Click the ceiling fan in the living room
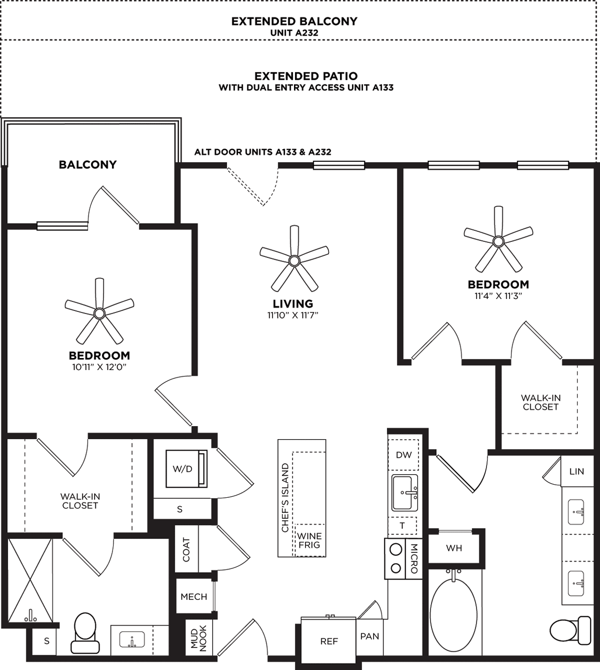click(x=294, y=260)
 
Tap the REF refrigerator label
click(x=329, y=641)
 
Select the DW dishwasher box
click(x=404, y=455)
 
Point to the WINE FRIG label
click(x=310, y=541)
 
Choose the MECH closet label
click(x=194, y=597)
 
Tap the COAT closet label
click(x=187, y=550)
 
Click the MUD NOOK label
click(x=199, y=638)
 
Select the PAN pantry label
click(x=370, y=636)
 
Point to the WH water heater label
click(x=454, y=548)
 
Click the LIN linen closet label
click(x=576, y=472)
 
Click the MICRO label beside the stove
click(x=414, y=559)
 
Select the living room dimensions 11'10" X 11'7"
click(x=293, y=315)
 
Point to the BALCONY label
click(x=88, y=164)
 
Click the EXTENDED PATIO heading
click(x=306, y=76)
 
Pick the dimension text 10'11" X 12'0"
click(x=99, y=367)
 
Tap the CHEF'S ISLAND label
click(x=285, y=497)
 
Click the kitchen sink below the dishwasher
click(x=405, y=493)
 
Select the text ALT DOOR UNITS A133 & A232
click(x=263, y=152)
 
